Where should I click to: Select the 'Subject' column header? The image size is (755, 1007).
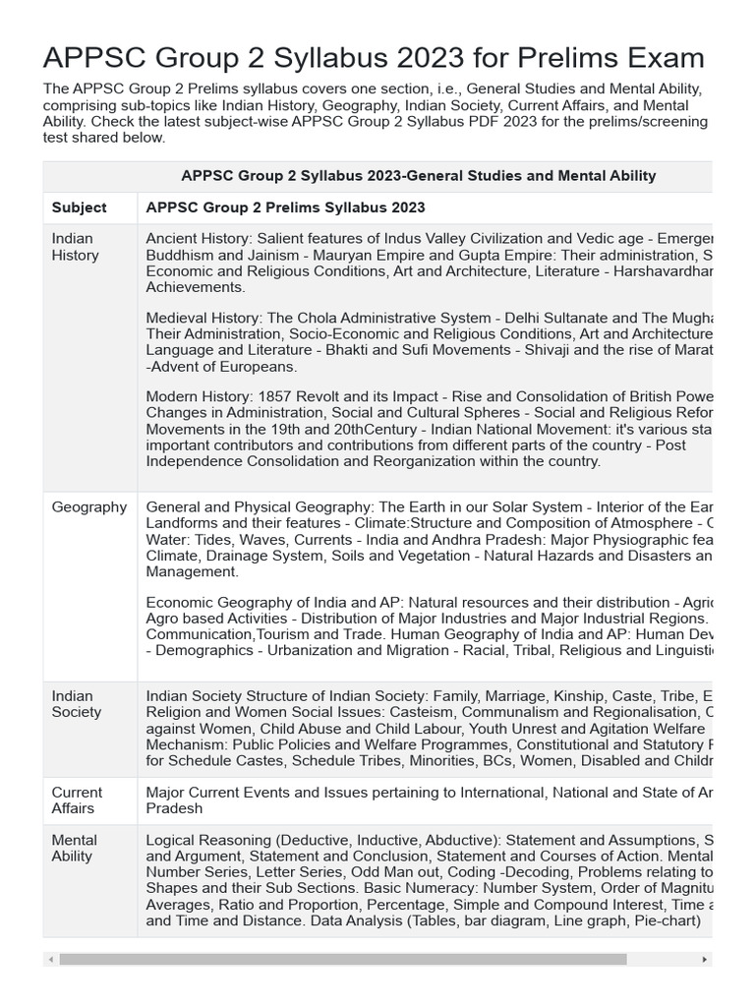pos(79,207)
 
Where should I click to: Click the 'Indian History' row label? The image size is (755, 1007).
pos(75,247)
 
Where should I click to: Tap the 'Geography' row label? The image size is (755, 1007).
pos(88,507)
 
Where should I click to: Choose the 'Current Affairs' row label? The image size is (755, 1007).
pos(77,800)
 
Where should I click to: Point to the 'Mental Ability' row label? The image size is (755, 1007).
pos(74,848)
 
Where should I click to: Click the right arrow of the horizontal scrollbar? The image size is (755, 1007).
pos(704,959)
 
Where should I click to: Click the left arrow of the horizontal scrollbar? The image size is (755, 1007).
pos(51,959)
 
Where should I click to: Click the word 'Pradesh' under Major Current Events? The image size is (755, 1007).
pos(174,808)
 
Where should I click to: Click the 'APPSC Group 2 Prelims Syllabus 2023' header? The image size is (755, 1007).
pos(285,207)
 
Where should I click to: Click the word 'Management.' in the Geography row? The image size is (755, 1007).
pos(192,571)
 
